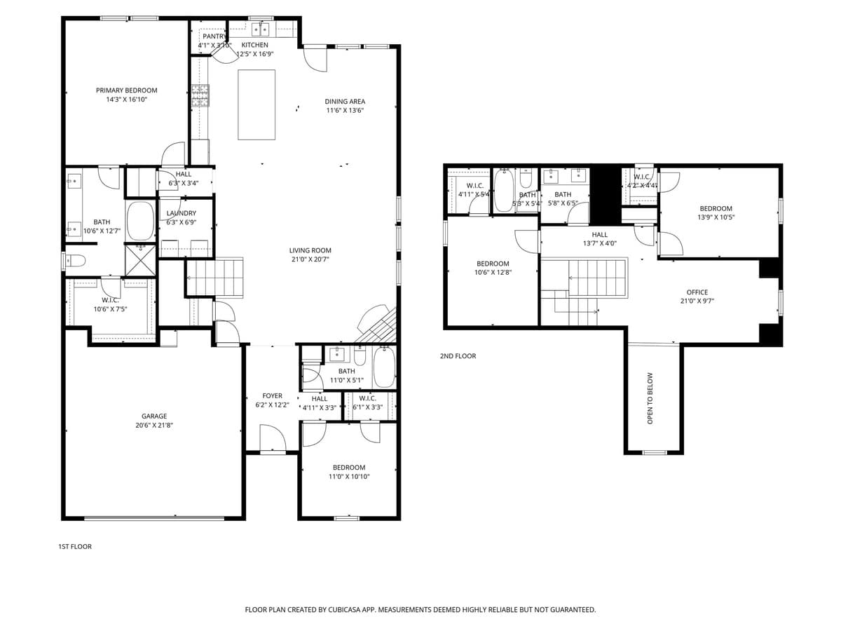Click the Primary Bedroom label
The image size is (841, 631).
coord(126,90)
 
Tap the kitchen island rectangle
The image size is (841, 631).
coord(257,104)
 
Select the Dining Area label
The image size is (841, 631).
coord(344,102)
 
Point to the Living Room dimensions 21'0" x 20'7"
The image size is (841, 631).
coord(310,259)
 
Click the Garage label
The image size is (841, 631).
coord(154,416)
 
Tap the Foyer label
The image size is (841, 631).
coord(272,396)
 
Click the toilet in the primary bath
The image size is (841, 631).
coord(75,261)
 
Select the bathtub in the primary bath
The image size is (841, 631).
coord(140,221)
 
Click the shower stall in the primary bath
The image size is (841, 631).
coord(140,259)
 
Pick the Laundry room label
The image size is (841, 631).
coord(181,213)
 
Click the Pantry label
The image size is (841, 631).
coord(214,36)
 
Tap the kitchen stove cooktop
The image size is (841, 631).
coord(200,95)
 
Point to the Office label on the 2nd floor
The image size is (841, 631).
coord(697,292)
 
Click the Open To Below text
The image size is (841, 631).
coord(650,398)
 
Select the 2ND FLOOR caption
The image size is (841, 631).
coord(458,356)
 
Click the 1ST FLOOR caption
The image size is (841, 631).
coord(74,546)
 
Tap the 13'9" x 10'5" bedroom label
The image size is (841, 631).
coord(716,208)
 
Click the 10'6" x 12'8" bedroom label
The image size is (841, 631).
coord(493,264)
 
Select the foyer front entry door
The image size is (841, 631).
coord(272,440)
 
